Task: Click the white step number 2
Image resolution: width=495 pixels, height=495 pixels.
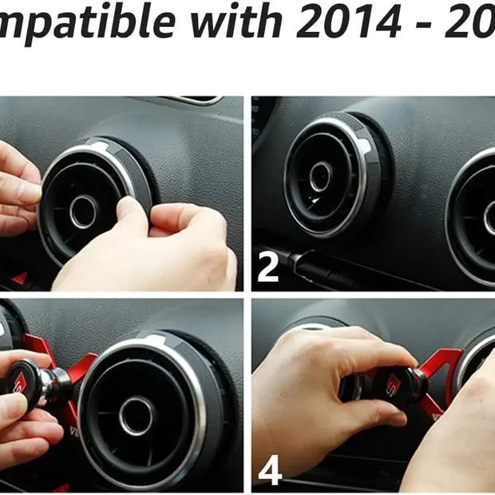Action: [268, 269]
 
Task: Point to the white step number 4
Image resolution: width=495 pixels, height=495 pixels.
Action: [270, 471]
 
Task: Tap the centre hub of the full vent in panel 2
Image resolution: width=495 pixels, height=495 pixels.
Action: [321, 176]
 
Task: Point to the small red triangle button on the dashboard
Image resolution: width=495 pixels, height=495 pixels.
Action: [19, 279]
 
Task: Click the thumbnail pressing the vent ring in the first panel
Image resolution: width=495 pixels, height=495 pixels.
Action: [128, 209]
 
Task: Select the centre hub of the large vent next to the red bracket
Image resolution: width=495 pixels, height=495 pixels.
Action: [137, 414]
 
